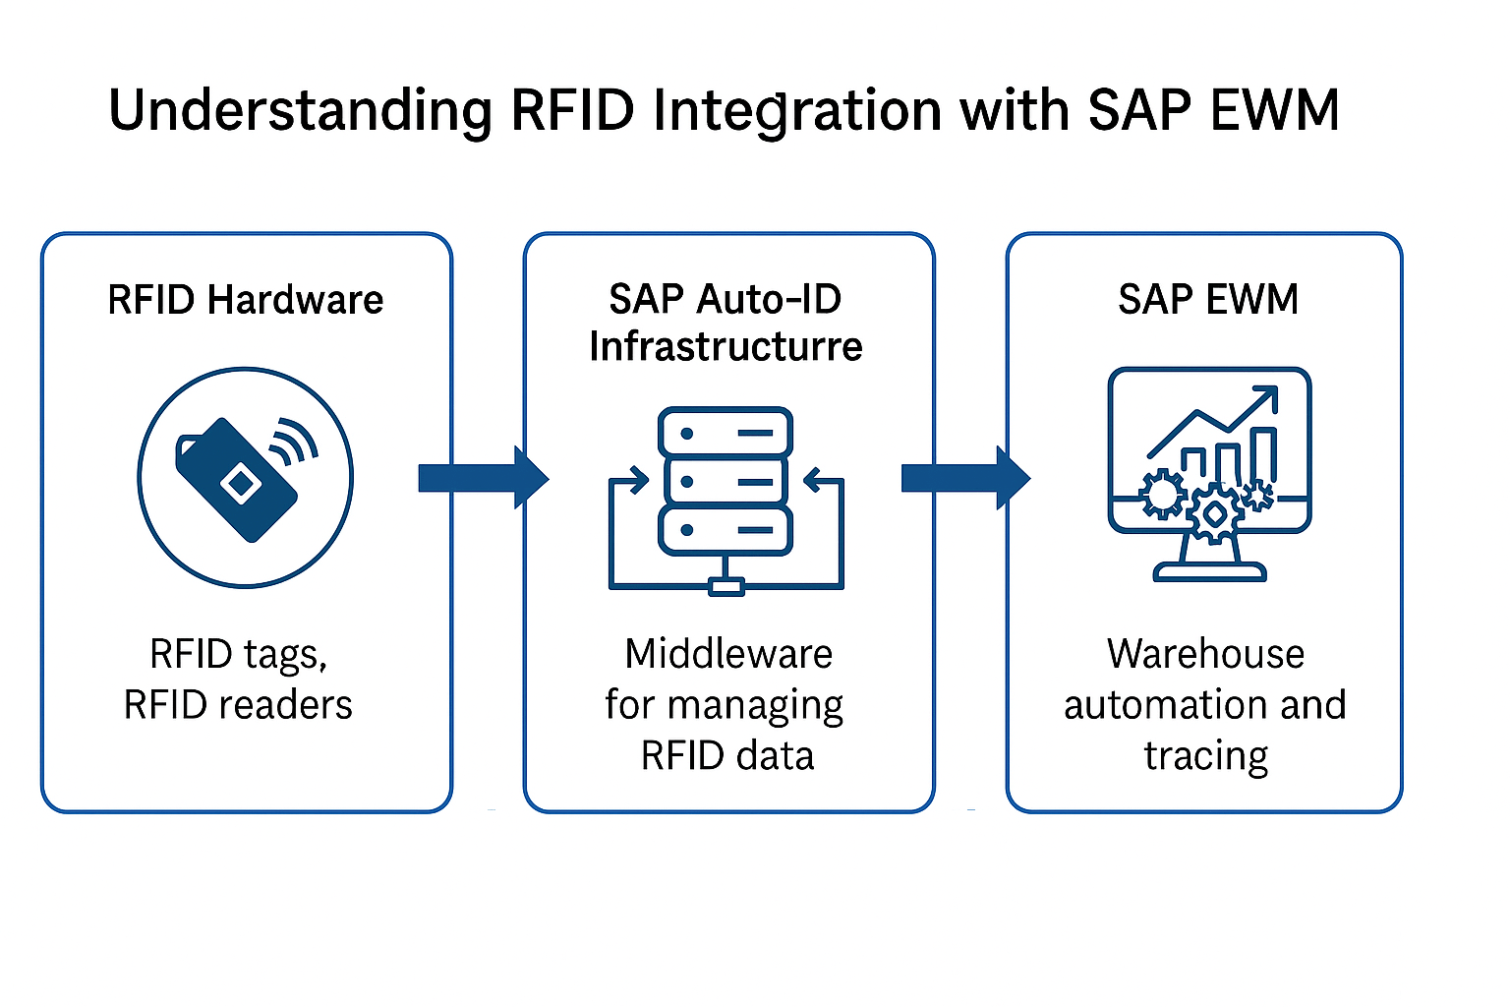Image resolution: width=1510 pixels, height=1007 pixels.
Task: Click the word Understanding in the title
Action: click(x=300, y=110)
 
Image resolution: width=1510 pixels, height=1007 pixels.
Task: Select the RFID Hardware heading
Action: click(x=246, y=300)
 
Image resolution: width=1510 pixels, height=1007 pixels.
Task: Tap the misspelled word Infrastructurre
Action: click(x=726, y=347)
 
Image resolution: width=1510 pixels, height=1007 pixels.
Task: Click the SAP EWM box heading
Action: click(x=1207, y=299)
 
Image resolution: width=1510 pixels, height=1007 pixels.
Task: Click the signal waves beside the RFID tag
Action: click(x=294, y=440)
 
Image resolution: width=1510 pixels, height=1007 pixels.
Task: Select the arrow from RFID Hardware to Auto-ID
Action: click(x=482, y=478)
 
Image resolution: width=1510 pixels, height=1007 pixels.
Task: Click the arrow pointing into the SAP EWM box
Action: click(x=964, y=478)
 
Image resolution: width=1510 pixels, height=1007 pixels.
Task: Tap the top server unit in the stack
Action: click(x=726, y=433)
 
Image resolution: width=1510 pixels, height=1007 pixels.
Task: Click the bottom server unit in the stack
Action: click(x=726, y=531)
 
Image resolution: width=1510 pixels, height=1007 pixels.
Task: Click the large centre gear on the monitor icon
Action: click(x=1215, y=513)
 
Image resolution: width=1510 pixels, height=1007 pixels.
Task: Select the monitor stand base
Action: click(x=1209, y=571)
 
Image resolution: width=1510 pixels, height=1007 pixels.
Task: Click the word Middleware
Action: click(x=728, y=654)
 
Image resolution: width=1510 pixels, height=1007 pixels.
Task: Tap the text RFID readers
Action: click(x=238, y=705)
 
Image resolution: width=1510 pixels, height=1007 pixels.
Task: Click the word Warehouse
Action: click(x=1205, y=654)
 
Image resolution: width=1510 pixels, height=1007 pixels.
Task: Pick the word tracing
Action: click(x=1205, y=756)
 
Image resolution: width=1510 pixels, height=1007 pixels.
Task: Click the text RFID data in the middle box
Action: click(x=727, y=756)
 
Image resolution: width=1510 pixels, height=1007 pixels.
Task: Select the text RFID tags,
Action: click(x=238, y=654)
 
